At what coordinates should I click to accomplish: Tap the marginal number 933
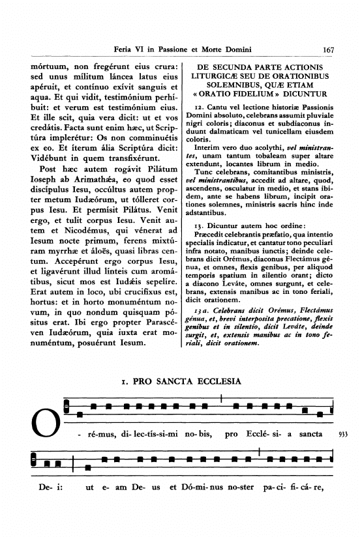(x=346, y=433)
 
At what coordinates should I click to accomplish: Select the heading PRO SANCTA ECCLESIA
(x=181, y=381)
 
